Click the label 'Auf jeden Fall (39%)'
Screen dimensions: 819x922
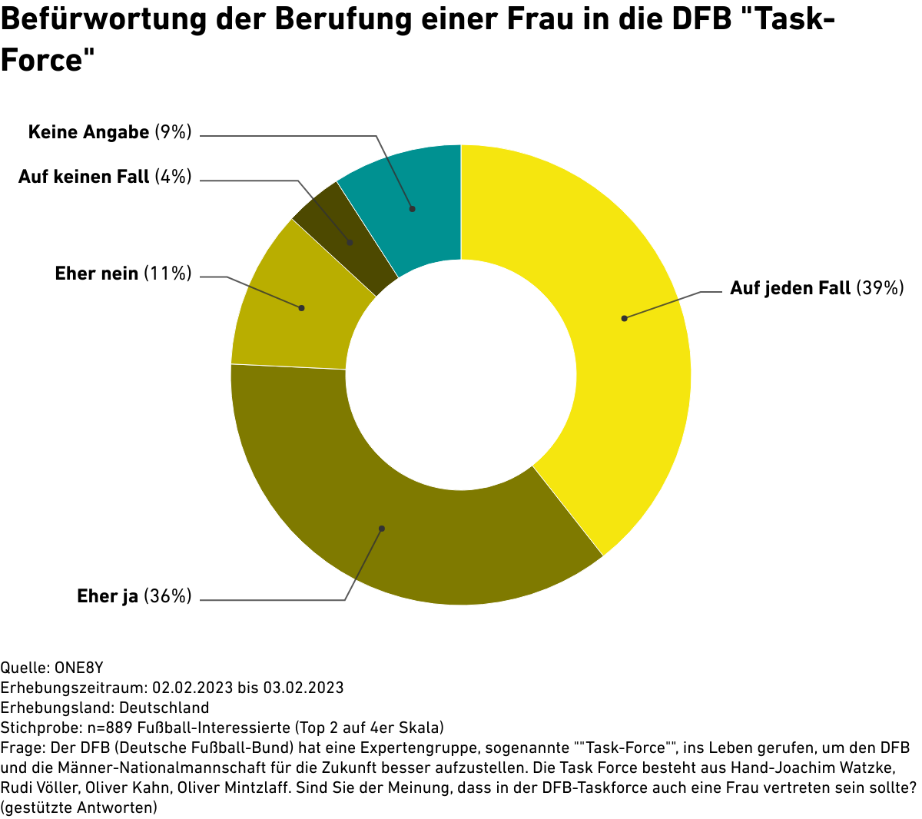point(816,288)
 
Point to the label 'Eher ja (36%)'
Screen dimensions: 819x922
point(134,596)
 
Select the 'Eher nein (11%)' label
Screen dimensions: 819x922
point(123,273)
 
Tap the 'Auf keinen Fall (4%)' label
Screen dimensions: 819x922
point(104,177)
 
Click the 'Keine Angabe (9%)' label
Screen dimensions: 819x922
point(109,132)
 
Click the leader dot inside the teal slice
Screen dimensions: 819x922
point(413,208)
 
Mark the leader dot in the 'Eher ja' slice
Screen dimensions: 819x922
point(382,529)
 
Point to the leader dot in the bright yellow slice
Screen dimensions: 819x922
point(625,318)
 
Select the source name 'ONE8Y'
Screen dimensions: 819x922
point(79,667)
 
